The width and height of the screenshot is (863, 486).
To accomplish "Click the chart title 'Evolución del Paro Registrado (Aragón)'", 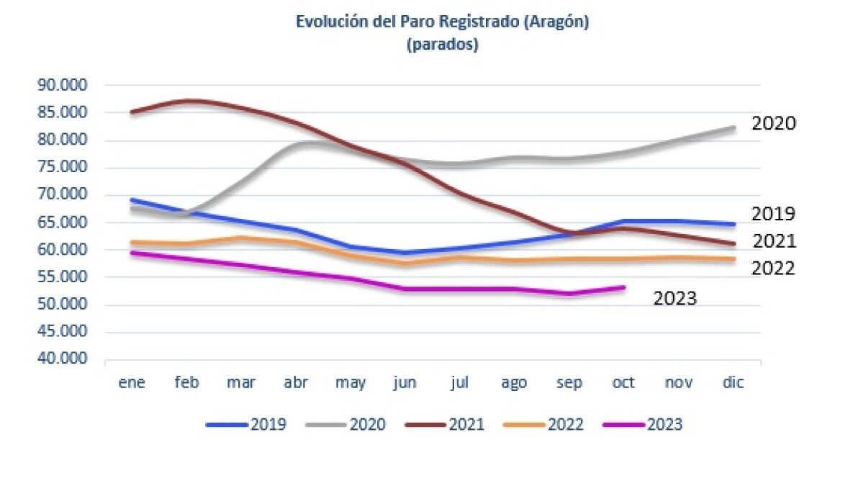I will point(443,22).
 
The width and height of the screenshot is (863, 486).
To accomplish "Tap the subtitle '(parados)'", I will point(443,45).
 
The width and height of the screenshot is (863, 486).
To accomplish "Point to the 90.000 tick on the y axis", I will point(61,85).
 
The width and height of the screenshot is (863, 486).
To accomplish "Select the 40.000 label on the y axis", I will point(61,359).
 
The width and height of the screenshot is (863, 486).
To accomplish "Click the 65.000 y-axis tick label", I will point(61,222).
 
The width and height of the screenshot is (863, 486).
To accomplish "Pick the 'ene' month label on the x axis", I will point(132,383).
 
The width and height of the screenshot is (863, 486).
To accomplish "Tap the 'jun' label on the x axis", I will point(405,383).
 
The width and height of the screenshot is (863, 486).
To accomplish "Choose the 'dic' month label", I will point(733,383).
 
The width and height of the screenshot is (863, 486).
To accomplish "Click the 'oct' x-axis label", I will point(623,383).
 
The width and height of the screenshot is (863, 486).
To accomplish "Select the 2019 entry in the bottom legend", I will point(246,425).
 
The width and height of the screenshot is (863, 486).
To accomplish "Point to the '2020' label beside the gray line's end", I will point(774,123).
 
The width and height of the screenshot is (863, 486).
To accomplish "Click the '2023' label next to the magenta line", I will point(674,298).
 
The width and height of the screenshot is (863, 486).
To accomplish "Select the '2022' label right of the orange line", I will point(773,269).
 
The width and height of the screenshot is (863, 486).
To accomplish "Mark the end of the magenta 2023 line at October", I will point(624,287).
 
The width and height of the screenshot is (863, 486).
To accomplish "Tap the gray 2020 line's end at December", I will point(733,127).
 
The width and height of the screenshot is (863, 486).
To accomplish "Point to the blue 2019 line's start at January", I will point(132,199).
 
